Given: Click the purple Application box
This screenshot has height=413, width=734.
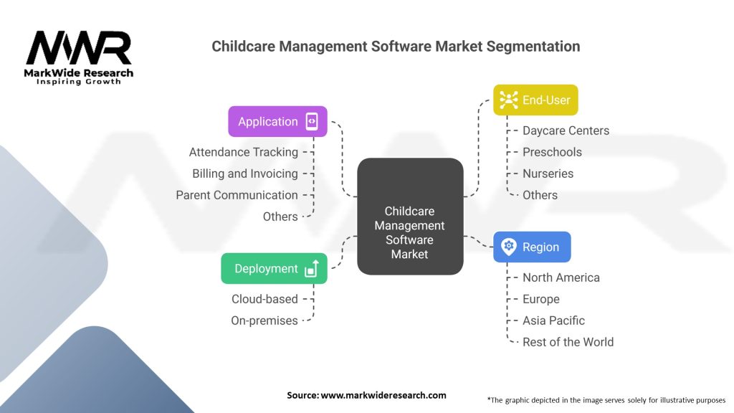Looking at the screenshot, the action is [277, 121].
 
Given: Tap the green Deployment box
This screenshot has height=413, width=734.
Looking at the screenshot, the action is [274, 268].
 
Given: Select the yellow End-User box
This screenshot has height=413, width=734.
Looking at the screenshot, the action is [535, 100].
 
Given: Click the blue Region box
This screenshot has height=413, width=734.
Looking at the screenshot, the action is [531, 247].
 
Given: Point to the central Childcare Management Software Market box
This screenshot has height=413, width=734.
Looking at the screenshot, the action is [410, 217].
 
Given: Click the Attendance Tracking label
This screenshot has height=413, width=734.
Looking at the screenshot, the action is [243, 152].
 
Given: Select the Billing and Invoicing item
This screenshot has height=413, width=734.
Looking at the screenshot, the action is [244, 174].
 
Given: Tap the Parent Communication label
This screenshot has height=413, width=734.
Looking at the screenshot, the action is [237, 195].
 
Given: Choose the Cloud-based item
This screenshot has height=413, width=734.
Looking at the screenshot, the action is [264, 299].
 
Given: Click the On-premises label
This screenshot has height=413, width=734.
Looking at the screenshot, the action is [264, 321].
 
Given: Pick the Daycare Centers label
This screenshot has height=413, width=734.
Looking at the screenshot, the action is [566, 130].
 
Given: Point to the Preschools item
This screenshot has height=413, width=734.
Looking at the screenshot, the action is [552, 152].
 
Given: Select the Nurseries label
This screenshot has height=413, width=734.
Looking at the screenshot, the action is [548, 174].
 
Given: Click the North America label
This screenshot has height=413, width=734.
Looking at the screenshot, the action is [561, 277].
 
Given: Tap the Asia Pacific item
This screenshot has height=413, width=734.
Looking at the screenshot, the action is [553, 321].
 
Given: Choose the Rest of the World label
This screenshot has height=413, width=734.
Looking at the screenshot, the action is [568, 342].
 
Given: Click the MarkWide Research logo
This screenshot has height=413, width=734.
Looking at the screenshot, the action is [79, 57].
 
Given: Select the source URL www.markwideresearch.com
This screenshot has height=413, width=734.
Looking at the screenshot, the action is [383, 395].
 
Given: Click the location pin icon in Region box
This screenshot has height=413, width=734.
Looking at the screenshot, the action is [509, 247].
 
